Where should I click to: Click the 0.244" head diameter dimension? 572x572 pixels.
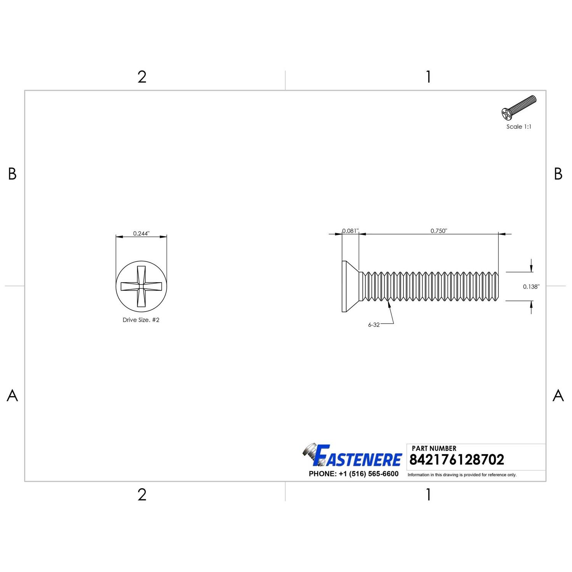tap(141, 233)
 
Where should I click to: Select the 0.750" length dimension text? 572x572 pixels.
tap(439, 231)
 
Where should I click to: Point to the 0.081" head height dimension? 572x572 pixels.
tap(350, 231)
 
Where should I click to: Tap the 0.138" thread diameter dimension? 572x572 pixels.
tap(531, 287)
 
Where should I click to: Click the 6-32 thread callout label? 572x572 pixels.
tap(374, 325)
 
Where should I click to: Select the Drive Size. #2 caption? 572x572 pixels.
tap(141, 320)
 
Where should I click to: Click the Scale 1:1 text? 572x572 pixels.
tap(519, 127)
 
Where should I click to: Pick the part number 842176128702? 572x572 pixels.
tap(456, 460)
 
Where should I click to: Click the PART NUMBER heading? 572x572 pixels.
tap(434, 448)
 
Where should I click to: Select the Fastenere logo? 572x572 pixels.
tap(353, 456)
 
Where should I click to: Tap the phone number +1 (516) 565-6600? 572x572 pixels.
tap(353, 474)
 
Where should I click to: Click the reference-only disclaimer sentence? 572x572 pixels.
tap(462, 475)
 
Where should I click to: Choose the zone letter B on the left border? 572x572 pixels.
tap(12, 174)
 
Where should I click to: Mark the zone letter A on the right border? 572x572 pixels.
tap(558, 395)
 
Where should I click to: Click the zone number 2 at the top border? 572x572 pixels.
tap(142, 77)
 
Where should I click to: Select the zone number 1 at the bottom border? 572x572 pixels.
tap(428, 495)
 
